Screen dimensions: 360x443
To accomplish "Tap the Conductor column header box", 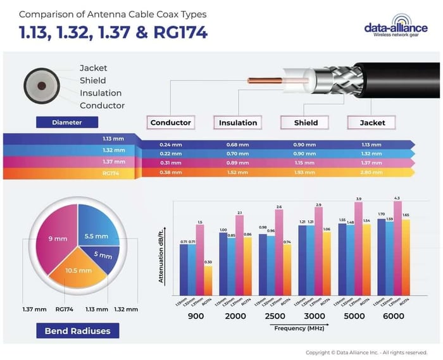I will point(170,122).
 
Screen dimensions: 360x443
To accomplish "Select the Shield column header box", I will point(306,122).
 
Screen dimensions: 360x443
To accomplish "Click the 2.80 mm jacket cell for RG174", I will point(371,172).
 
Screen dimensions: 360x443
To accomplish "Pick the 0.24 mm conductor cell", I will point(171,145).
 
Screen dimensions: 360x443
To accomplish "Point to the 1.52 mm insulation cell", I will point(237,172).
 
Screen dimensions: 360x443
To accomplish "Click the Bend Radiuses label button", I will point(77,331).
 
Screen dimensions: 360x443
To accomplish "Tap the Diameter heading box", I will point(67,122).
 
